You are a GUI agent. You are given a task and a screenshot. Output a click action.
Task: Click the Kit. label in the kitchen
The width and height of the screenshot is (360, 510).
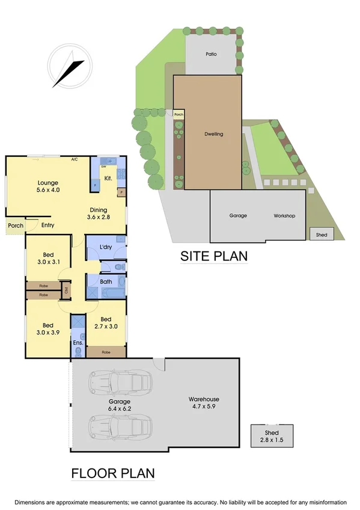108,179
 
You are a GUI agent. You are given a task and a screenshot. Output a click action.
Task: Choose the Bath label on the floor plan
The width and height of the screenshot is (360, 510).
106,281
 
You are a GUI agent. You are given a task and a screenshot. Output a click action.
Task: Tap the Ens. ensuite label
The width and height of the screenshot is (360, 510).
78,343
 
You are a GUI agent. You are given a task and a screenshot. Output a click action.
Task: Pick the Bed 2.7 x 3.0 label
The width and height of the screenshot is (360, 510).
106,324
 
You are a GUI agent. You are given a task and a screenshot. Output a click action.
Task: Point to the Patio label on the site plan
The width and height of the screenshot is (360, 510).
210,54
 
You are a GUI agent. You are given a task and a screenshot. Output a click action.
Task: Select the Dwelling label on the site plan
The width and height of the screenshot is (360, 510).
213,134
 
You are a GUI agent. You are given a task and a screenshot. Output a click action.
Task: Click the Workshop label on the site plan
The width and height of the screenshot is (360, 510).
284,215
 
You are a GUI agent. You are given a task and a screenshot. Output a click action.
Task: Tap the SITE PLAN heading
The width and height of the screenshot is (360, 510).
214,256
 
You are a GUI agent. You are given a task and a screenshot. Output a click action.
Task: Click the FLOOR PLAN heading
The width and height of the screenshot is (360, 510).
113,473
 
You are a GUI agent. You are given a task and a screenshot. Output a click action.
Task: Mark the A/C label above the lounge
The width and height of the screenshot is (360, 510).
75,160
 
